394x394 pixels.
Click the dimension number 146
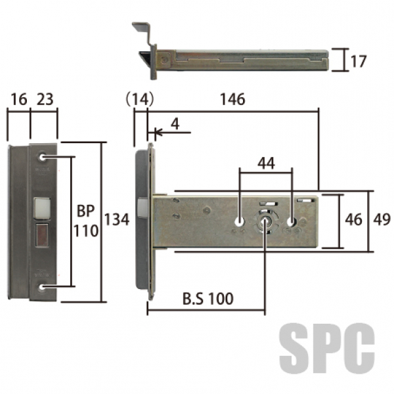232,99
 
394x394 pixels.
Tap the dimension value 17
359,62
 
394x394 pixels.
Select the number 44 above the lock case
267,163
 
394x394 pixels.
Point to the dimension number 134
117,219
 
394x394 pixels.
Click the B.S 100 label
208,299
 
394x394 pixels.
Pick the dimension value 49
382,219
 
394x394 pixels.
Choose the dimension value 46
353,219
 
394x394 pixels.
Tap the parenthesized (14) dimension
139,99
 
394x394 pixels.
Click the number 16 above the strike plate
19,99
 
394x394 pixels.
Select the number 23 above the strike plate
45,99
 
